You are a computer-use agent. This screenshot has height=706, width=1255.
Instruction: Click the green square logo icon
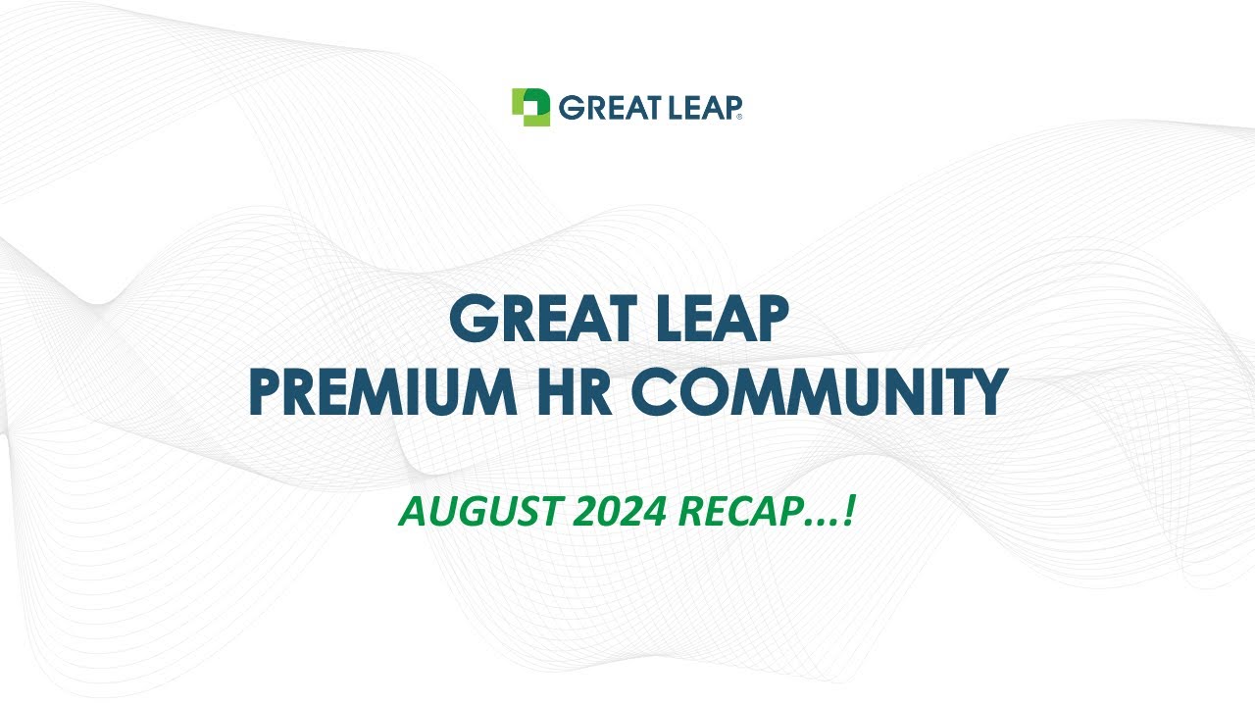530,107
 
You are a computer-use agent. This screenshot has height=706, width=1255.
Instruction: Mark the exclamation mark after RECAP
848,511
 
